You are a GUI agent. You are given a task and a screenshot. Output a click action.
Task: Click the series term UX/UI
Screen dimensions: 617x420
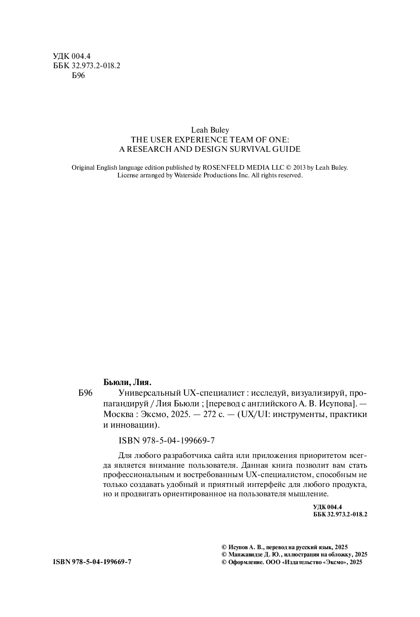(254, 414)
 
